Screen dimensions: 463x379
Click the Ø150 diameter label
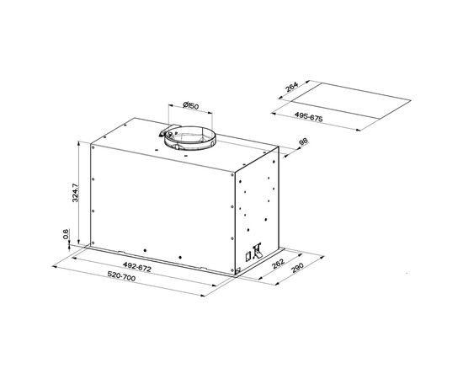coord(190,105)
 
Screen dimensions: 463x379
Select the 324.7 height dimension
coord(75,193)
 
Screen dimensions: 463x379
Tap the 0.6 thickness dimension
coord(66,234)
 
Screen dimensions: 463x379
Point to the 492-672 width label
coord(137,267)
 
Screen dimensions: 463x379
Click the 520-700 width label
coord(121,276)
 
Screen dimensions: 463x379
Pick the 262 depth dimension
coord(278,264)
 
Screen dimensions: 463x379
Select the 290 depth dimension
coord(298,267)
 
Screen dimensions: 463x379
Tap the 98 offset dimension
coord(304,141)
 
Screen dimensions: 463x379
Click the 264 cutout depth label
coord(292,87)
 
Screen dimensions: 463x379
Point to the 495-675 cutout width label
coord(309,117)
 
